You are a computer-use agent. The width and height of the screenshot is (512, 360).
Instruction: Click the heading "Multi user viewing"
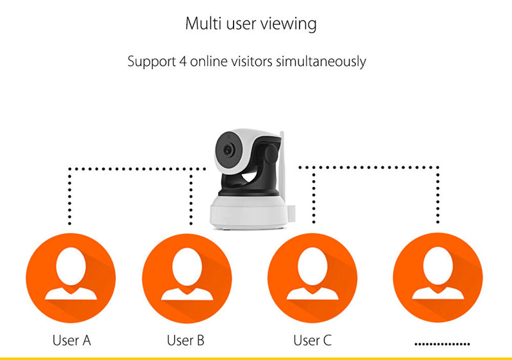point(251,24)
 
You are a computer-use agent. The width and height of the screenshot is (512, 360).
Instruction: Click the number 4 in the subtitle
point(179,62)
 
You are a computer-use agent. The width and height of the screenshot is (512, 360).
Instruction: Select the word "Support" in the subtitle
point(150,62)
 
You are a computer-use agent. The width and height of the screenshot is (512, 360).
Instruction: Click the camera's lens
point(228,149)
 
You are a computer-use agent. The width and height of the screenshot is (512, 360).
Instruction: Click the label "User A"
point(71,340)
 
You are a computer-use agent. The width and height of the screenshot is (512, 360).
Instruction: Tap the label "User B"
point(186,340)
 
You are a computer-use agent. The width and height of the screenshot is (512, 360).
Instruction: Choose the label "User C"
point(312,340)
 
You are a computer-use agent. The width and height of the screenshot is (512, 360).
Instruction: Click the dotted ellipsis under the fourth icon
point(442,344)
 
